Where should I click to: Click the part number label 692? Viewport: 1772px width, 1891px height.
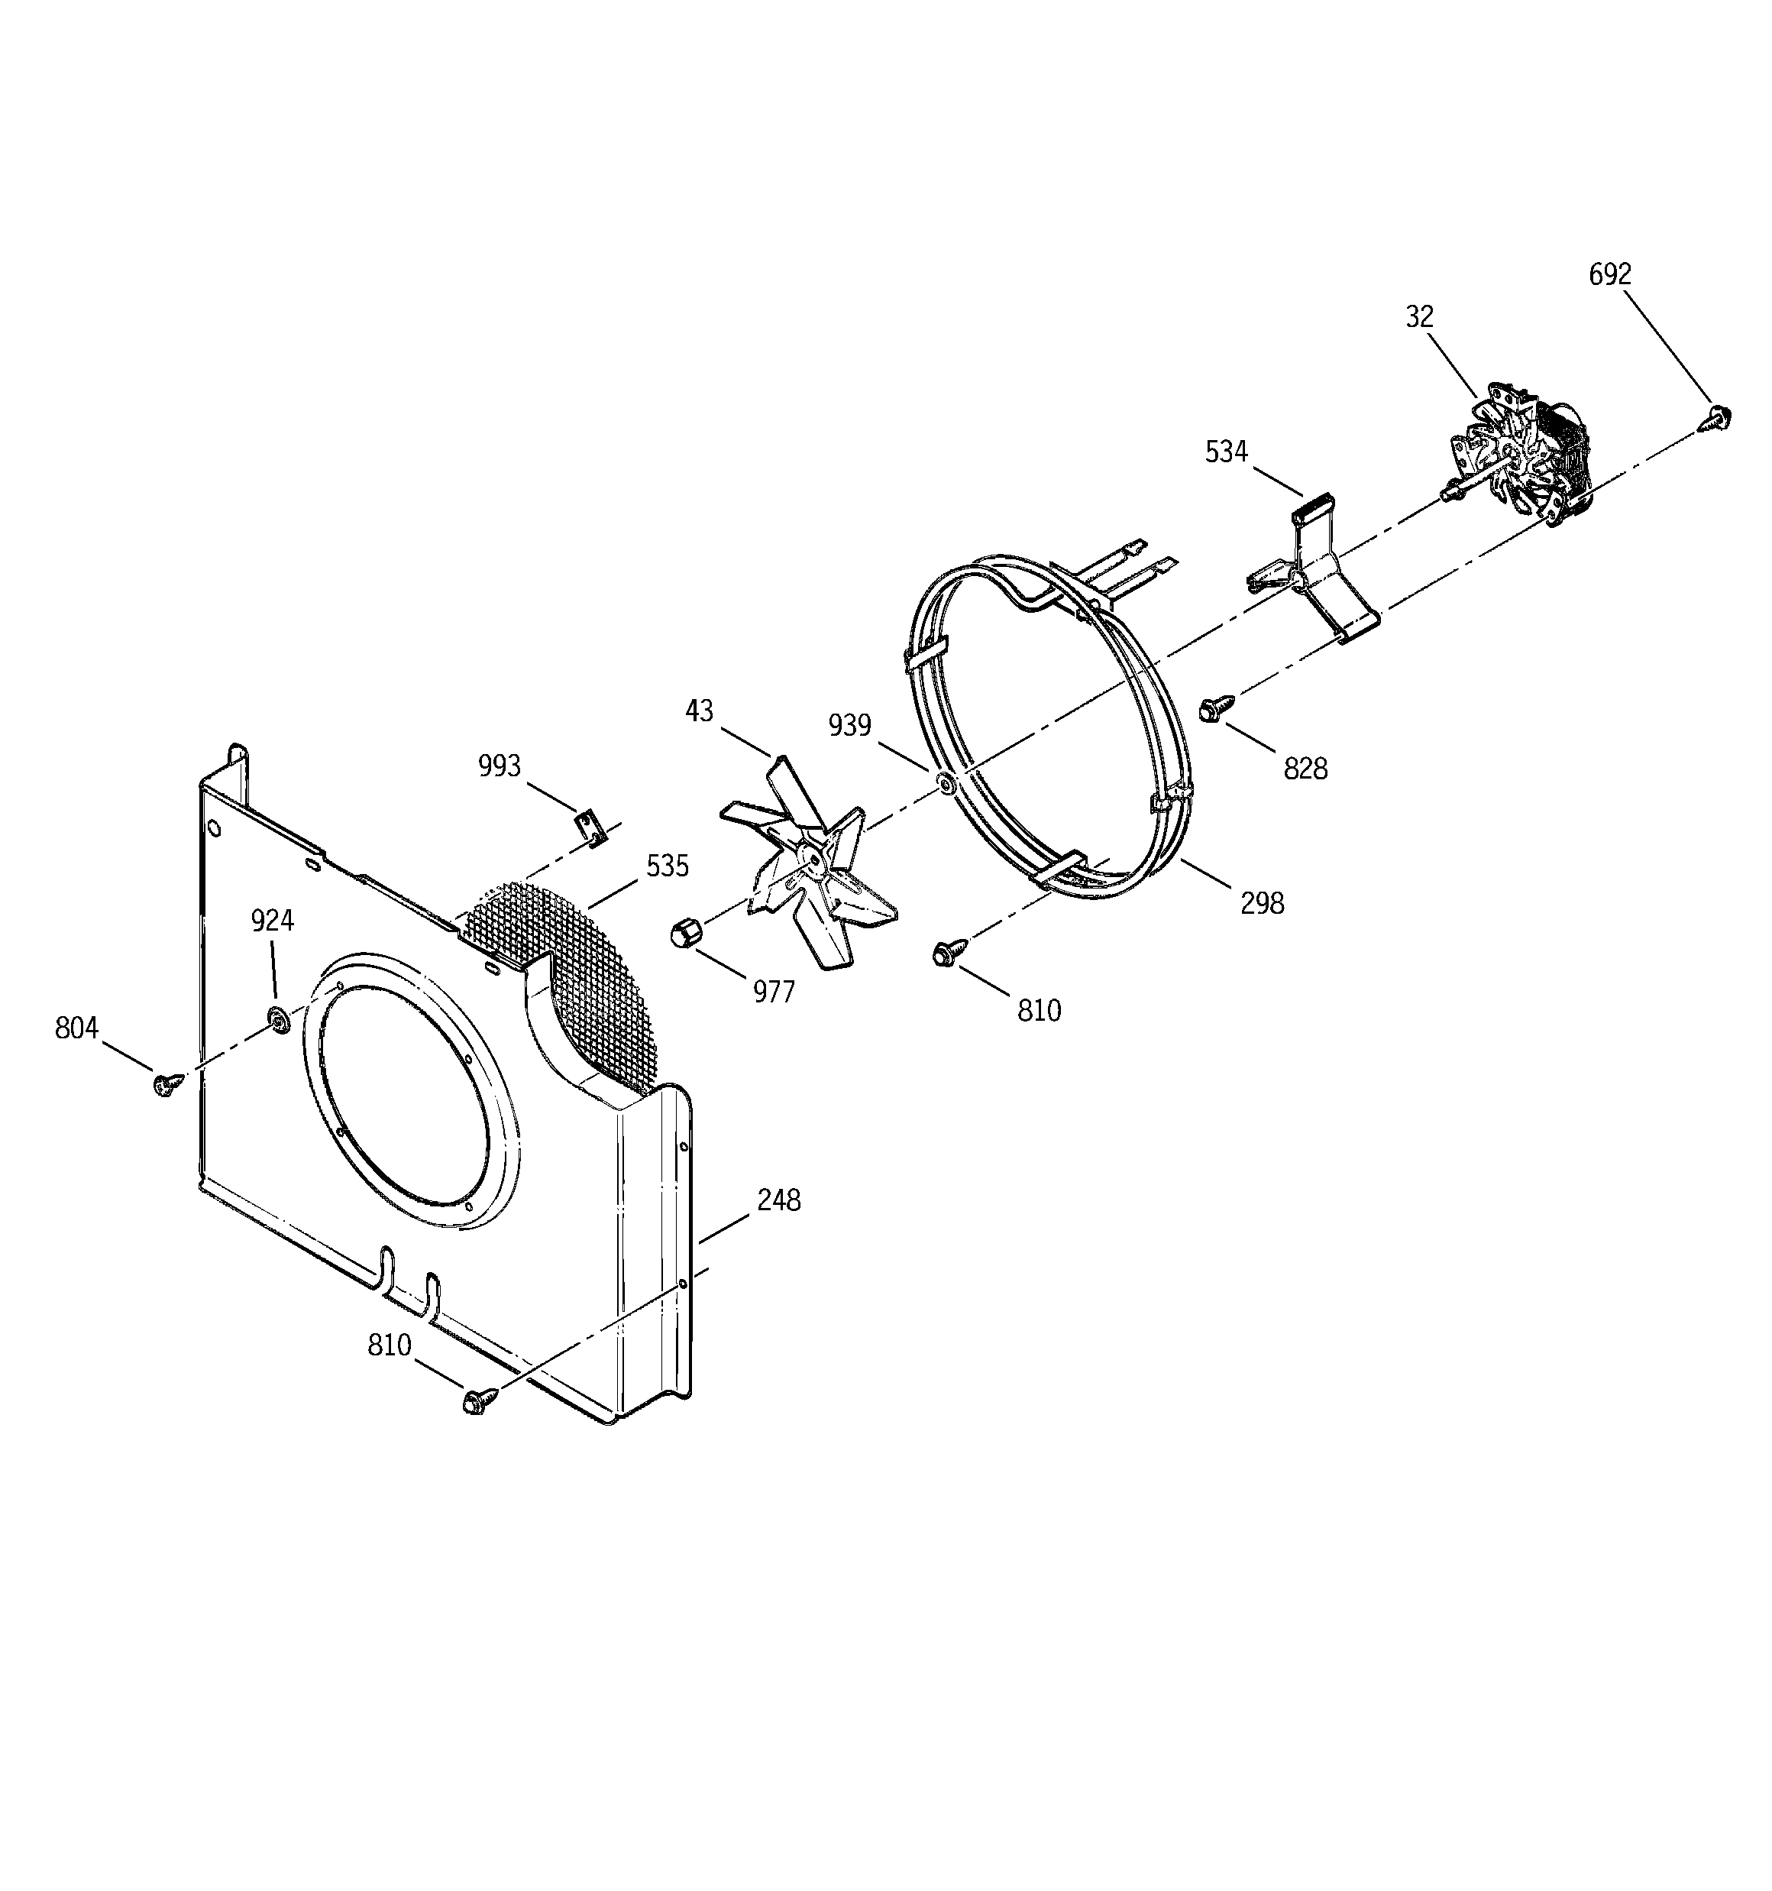coord(1609,275)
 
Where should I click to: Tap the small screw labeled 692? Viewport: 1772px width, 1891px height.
coord(1718,416)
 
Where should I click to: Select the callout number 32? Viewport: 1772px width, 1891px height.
coord(1419,317)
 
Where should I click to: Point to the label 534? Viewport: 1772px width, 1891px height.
coord(1226,452)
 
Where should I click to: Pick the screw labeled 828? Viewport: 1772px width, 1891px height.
coord(1214,707)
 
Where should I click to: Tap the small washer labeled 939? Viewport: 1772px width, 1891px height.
coord(946,785)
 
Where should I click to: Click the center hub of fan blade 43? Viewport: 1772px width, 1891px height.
coord(811,854)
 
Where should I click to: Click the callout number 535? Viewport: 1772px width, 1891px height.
coord(668,866)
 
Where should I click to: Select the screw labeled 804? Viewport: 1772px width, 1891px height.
coord(167,1083)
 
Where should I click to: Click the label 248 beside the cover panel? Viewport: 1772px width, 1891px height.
coord(778,1201)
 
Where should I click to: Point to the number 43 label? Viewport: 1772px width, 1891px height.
coord(699,711)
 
